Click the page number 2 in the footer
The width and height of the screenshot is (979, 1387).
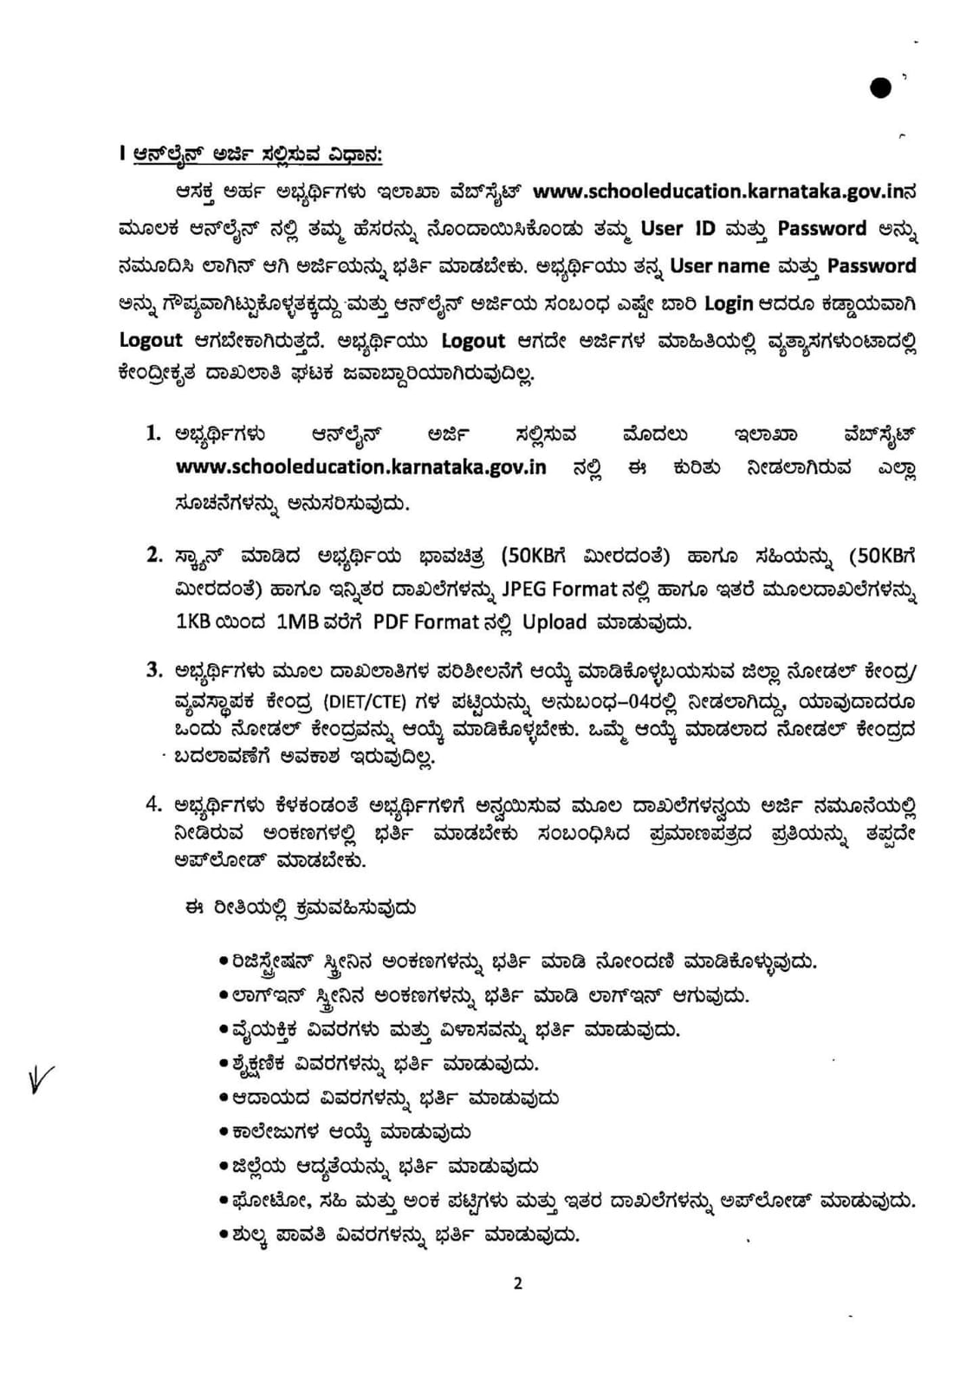[x=518, y=1284]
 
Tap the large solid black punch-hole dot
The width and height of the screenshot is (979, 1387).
[x=880, y=88]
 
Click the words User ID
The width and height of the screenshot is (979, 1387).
[x=674, y=229]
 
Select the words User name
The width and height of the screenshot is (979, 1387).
[x=720, y=266]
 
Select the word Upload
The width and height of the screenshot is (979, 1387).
[x=554, y=622]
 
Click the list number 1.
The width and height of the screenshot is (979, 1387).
[x=154, y=433]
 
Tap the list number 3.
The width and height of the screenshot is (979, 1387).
[x=154, y=669]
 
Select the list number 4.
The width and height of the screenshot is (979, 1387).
[x=154, y=804]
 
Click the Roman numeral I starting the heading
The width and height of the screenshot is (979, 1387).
[x=123, y=154]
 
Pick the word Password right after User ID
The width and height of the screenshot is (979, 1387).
[x=821, y=229]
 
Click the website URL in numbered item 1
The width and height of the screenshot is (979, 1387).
[x=360, y=466]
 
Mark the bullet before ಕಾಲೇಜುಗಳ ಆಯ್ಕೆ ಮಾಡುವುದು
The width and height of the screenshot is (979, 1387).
[x=224, y=1132]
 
